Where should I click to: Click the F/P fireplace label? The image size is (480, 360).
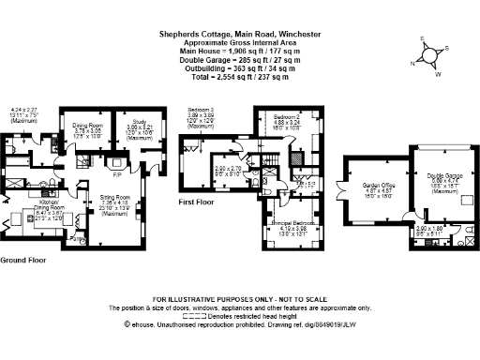(x=118, y=174)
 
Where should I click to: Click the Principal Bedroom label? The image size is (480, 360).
(x=293, y=198)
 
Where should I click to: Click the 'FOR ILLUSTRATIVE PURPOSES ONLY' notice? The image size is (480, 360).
(x=240, y=298)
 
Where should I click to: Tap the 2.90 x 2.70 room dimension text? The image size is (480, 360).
(x=229, y=170)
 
